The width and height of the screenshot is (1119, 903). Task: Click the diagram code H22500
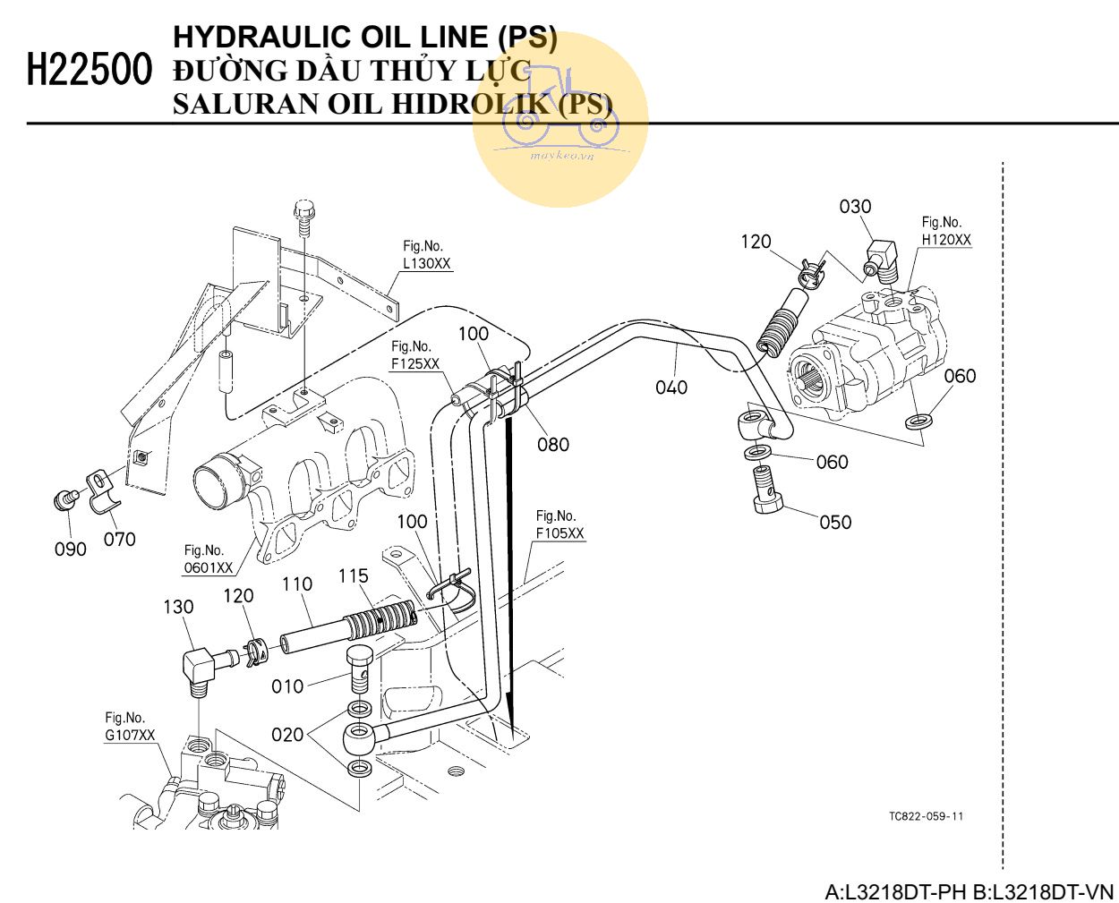pyautogui.click(x=90, y=69)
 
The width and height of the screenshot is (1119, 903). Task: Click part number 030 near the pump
pyautogui.click(x=855, y=207)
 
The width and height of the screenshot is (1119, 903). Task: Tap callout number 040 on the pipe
pyautogui.click(x=671, y=387)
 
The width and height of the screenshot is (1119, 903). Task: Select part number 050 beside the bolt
pyautogui.click(x=835, y=522)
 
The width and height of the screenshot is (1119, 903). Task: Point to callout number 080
pyautogui.click(x=553, y=444)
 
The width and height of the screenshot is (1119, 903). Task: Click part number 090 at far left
pyautogui.click(x=71, y=549)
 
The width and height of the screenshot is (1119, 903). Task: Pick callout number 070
pyautogui.click(x=120, y=539)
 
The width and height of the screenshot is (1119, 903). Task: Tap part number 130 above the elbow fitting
pyautogui.click(x=178, y=607)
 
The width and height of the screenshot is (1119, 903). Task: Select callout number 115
pyautogui.click(x=354, y=576)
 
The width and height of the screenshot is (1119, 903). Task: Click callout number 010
pyautogui.click(x=288, y=686)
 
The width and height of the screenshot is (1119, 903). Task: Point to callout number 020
pyautogui.click(x=288, y=735)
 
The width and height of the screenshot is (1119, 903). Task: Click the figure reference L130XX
pyautogui.click(x=427, y=264)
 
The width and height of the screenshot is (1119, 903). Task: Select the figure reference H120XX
pyautogui.click(x=946, y=240)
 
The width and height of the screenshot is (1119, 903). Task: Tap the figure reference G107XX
pyautogui.click(x=130, y=736)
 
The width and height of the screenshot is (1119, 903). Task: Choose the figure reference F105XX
pyautogui.click(x=559, y=533)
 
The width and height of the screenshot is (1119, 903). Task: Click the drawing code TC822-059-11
pyautogui.click(x=926, y=816)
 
